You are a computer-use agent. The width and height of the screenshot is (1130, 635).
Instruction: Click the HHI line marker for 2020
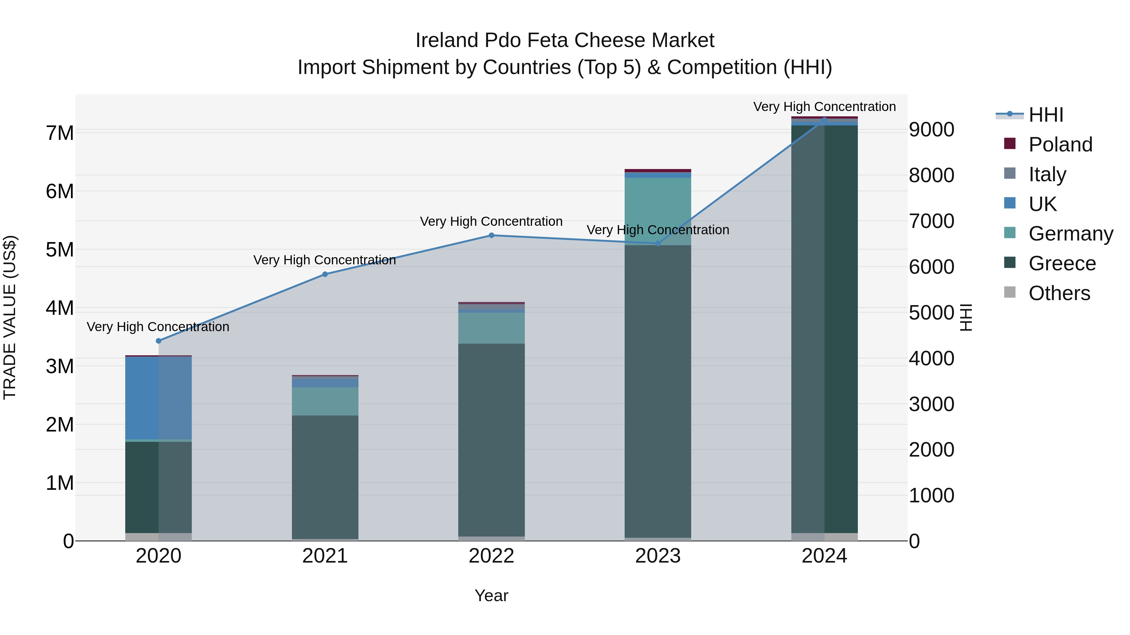[x=159, y=341]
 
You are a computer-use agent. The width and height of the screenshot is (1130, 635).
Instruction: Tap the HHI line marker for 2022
[x=491, y=235]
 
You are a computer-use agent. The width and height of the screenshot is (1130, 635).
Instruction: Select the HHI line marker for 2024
[x=824, y=120]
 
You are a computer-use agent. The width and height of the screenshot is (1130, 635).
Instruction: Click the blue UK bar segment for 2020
[x=159, y=398]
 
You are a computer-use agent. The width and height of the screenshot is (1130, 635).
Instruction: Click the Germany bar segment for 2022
[x=491, y=328]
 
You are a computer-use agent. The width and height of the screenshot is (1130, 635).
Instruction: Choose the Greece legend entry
[x=1062, y=263]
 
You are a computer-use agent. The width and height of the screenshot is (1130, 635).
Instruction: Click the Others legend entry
[x=1059, y=293]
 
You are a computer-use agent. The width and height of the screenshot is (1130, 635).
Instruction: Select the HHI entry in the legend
[x=1046, y=115]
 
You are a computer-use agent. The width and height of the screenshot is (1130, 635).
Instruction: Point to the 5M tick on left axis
[x=60, y=250]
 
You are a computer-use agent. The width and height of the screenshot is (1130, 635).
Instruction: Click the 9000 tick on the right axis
[x=931, y=130]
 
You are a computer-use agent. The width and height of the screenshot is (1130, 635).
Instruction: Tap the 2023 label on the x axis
[x=658, y=556]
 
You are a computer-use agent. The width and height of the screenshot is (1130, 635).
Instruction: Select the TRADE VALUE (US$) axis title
[x=10, y=317]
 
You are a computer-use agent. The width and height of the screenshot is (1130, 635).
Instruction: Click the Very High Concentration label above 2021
[x=325, y=260]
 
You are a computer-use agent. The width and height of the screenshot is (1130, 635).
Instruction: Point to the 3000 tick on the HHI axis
[x=931, y=404]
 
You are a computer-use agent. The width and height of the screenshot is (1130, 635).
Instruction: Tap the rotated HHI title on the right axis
[x=966, y=317]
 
